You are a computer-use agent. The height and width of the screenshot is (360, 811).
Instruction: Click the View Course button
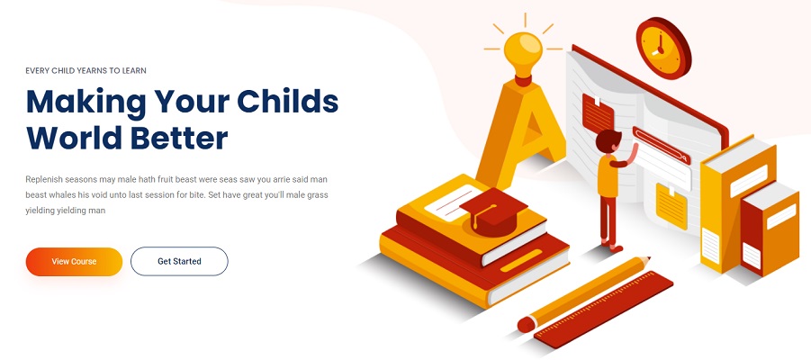(74, 262)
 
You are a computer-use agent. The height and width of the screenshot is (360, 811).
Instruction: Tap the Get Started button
(179, 261)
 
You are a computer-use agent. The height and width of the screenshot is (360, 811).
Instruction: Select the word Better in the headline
(179, 138)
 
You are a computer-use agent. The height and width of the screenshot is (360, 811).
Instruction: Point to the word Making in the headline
(86, 103)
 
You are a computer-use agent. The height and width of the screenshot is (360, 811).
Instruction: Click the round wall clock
(663, 48)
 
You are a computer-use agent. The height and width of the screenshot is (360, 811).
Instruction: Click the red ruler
(604, 310)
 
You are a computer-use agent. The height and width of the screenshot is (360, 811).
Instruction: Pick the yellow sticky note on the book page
(671, 205)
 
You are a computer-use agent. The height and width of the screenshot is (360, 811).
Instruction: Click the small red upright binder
(769, 228)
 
